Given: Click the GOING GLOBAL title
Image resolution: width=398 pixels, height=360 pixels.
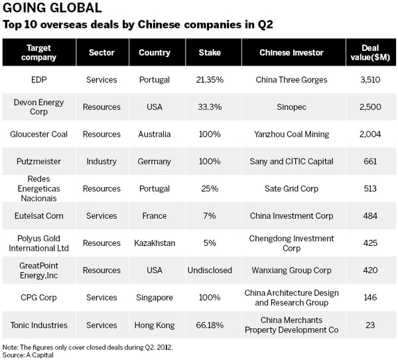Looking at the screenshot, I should point(52,9).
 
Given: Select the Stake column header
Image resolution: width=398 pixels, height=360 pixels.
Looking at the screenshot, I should point(210,52).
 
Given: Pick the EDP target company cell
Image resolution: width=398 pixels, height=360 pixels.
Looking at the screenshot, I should point(39,80).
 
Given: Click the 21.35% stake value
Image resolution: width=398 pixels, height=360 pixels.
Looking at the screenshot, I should point(210,80).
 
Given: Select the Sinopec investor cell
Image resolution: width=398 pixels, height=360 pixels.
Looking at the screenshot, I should point(292,107).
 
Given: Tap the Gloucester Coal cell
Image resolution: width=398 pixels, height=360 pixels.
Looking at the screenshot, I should point(39,134).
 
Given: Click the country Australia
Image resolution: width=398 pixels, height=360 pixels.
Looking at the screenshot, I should point(155,134).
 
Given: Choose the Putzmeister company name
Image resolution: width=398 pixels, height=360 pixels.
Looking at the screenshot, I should point(39,161).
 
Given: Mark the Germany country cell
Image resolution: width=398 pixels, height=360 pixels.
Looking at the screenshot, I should point(155,161).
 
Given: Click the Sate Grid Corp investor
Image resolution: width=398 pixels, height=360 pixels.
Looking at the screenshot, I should point(292,188).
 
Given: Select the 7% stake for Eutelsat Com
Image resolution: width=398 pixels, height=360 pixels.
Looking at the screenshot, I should point(210,215).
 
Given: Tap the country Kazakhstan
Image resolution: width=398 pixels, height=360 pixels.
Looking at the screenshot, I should point(155,243).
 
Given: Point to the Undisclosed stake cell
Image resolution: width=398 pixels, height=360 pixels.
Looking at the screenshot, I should point(210,270).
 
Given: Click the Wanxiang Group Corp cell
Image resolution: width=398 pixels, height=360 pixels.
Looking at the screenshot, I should point(292,270).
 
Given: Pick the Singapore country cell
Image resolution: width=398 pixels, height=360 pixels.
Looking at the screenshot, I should point(155,298).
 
